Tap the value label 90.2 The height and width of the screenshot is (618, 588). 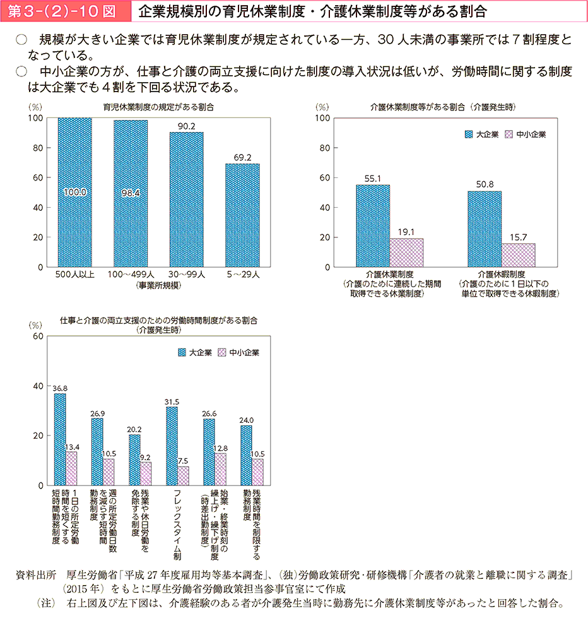coord(186,126)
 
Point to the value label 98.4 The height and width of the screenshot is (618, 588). coord(131,192)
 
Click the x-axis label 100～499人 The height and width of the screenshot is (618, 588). coord(131,275)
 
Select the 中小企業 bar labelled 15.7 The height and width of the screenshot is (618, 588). coord(518,255)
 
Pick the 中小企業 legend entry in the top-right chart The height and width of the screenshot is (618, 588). coord(526,134)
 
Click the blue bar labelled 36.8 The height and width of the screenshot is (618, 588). coord(60,439)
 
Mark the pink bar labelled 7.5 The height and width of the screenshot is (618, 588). coord(183,475)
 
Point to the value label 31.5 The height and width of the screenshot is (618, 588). coord(172,401)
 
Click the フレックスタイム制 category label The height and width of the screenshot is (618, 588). coord(177,524)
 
